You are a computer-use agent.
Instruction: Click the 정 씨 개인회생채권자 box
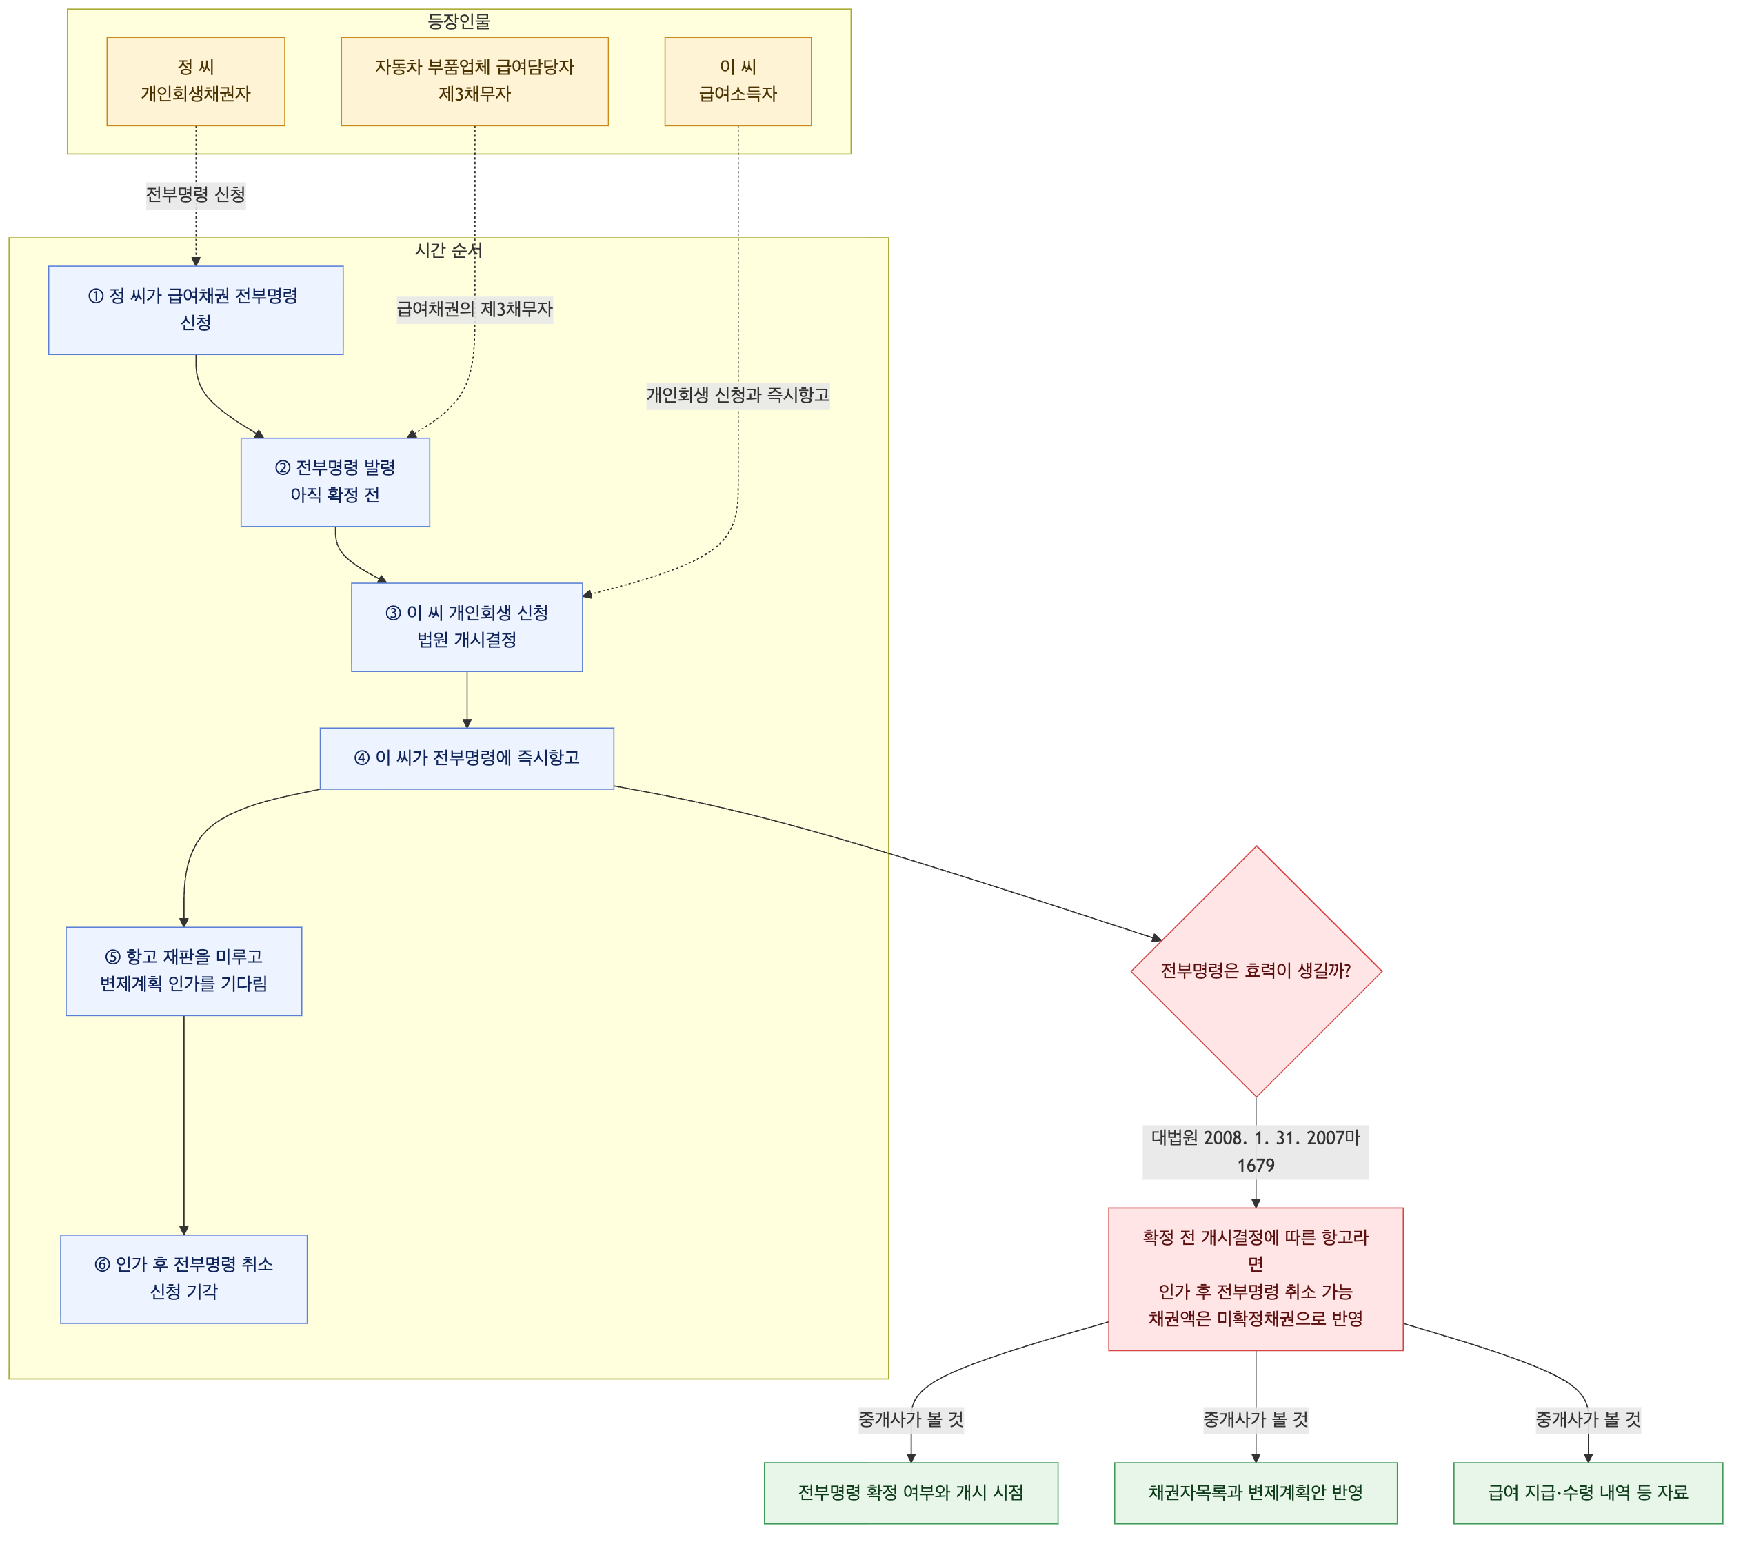[x=195, y=81]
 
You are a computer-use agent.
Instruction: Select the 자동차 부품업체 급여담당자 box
[x=474, y=81]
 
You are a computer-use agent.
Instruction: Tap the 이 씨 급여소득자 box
[x=738, y=81]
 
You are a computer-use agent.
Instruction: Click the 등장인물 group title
[x=459, y=21]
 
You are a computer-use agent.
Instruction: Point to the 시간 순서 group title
[x=449, y=250]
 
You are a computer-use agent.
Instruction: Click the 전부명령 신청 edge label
[x=195, y=194]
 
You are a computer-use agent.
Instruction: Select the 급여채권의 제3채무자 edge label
[x=475, y=309]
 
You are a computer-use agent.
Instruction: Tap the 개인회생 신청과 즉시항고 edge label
[x=738, y=395]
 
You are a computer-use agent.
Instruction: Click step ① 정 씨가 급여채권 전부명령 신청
[x=195, y=309]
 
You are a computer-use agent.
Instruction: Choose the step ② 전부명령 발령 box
[x=335, y=482]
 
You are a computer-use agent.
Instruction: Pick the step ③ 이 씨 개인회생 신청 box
[x=467, y=627]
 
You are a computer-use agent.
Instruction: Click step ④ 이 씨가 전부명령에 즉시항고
[x=467, y=758]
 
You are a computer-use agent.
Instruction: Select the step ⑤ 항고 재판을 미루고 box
[x=183, y=971]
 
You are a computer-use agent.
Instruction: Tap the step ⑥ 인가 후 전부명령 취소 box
[x=183, y=1279]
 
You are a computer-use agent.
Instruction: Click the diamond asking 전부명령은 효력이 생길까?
[x=1256, y=971]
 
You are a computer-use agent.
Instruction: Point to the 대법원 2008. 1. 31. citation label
[x=1256, y=1152]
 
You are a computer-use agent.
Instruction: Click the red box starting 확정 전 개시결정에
[x=1256, y=1279]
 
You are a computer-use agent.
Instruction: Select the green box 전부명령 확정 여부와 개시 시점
[x=911, y=1493]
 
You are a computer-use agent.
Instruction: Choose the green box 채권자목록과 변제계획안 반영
[x=1256, y=1493]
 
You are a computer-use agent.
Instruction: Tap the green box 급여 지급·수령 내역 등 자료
[x=1588, y=1493]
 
